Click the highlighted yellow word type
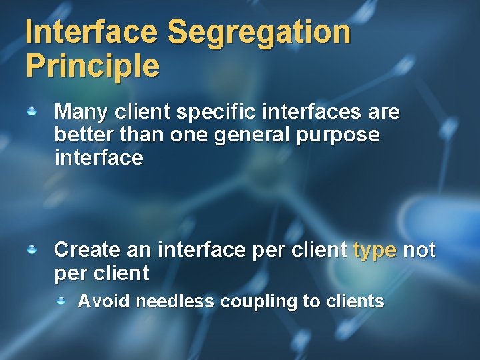[x=375, y=251]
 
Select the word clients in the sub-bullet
[x=355, y=301]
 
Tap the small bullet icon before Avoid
[x=61, y=301]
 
